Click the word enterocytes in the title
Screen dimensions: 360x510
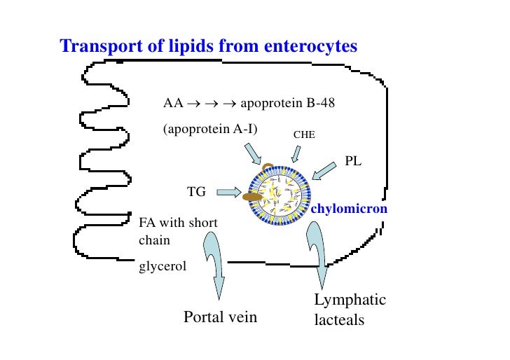click(x=312, y=46)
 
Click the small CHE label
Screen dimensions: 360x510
click(x=303, y=132)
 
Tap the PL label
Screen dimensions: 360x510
click(x=354, y=162)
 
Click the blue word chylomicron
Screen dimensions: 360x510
click(x=349, y=209)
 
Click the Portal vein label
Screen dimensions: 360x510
click(x=220, y=317)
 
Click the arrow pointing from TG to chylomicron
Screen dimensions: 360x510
click(x=228, y=191)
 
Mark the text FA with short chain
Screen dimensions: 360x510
click(x=178, y=231)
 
